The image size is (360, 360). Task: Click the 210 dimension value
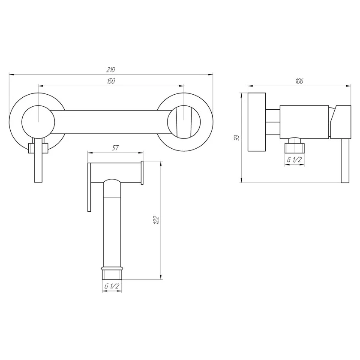(x=111, y=69)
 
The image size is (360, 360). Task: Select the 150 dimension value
(x=111, y=81)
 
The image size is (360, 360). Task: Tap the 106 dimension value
(x=299, y=81)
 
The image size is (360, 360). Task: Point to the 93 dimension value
(x=237, y=138)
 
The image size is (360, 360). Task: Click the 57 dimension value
(x=115, y=148)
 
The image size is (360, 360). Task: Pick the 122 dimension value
(x=156, y=220)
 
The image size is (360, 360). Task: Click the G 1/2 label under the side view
(x=294, y=159)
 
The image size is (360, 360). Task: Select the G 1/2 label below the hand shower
(x=112, y=286)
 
